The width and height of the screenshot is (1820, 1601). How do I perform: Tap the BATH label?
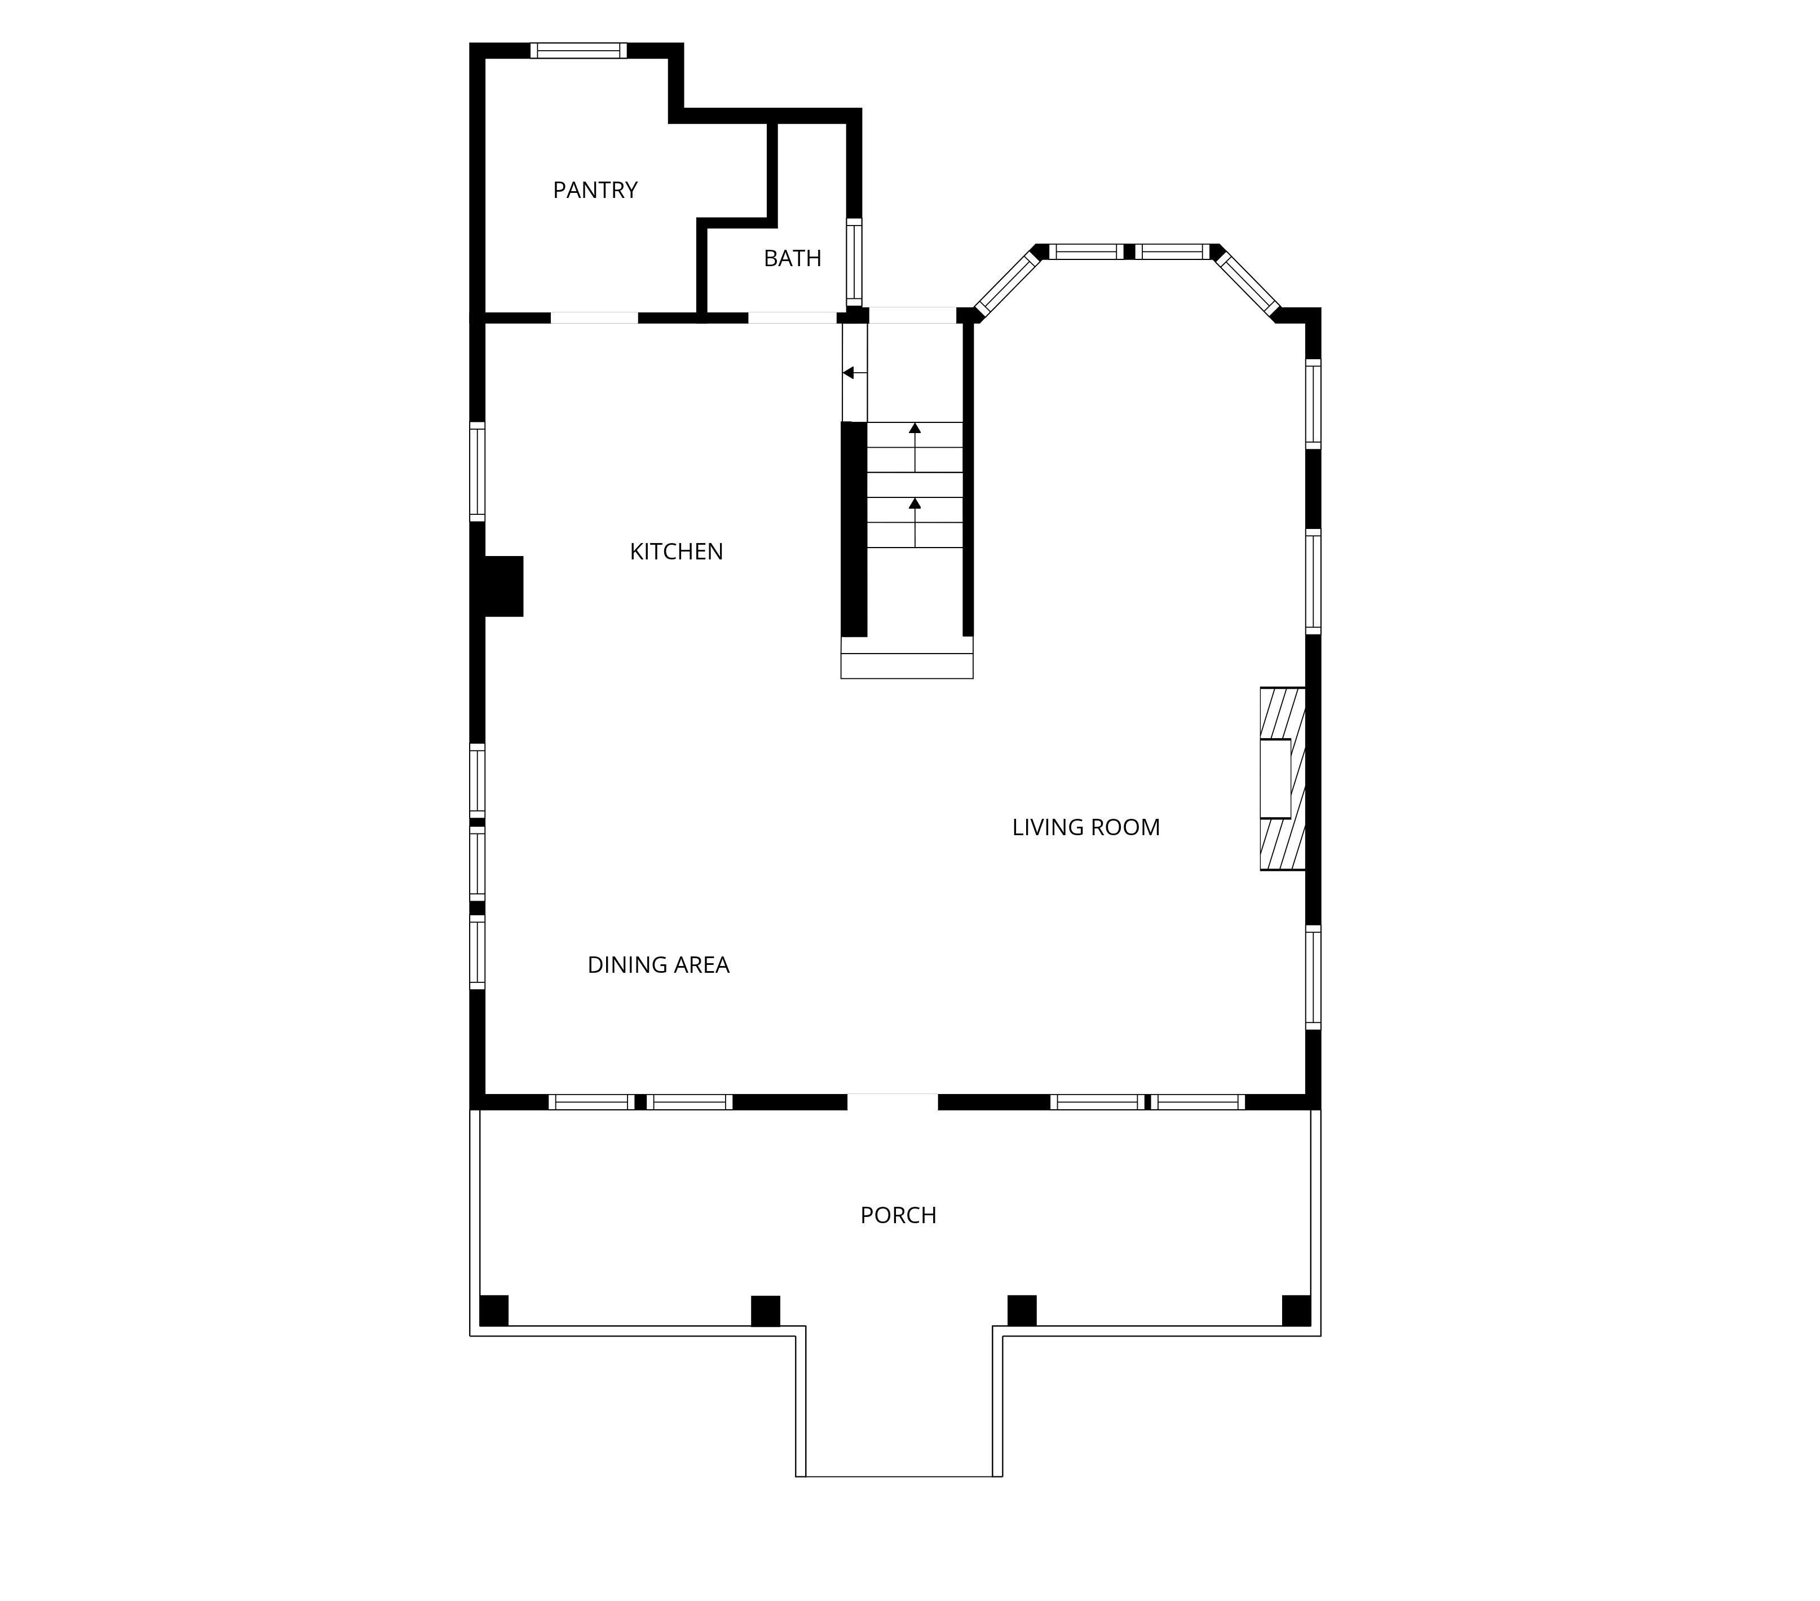(x=793, y=258)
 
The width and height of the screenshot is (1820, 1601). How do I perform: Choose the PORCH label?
(x=898, y=1215)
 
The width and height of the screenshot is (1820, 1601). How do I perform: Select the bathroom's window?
(x=854, y=263)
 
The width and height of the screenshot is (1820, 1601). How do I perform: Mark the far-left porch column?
(x=494, y=1310)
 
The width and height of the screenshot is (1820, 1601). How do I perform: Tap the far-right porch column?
(x=1296, y=1310)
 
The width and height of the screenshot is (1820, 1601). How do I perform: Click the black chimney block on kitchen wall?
(x=503, y=586)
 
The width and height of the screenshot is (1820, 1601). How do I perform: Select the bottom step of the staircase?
(x=907, y=665)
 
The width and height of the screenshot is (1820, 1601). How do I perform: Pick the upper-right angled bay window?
(x=1248, y=283)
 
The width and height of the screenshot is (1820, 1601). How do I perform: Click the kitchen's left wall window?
(x=477, y=472)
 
